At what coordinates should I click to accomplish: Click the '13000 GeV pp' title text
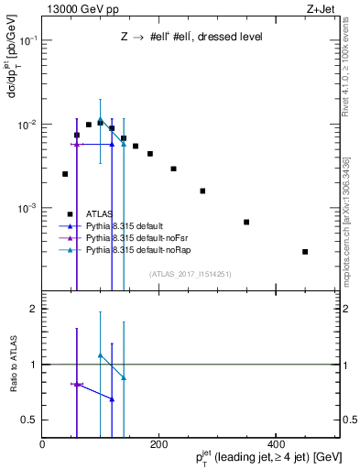[x=80, y=9]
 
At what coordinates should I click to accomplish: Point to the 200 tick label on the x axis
[x=158, y=442]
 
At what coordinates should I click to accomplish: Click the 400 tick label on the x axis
[x=275, y=442]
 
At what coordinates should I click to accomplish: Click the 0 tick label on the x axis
[x=42, y=442]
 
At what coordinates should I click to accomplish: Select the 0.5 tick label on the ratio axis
[x=30, y=420]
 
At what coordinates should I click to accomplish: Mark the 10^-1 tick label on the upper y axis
[x=27, y=40]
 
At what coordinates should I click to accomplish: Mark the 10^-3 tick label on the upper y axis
[x=27, y=208]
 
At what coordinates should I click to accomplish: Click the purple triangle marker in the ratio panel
[x=77, y=384]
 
